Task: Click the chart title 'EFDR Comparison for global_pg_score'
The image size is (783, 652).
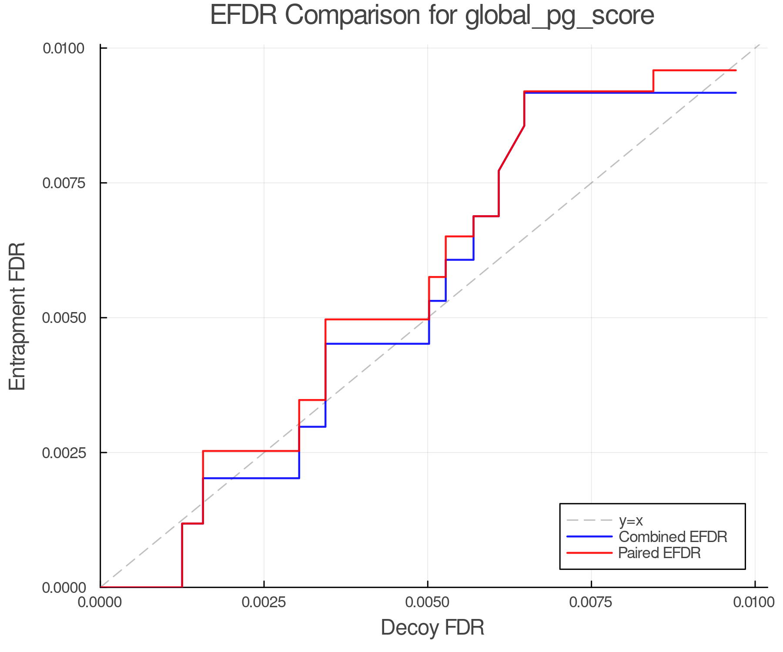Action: [432, 16]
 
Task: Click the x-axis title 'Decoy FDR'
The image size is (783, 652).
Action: [432, 628]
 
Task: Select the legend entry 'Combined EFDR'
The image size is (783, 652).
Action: [673, 537]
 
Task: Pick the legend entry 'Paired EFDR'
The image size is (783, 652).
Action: [659, 553]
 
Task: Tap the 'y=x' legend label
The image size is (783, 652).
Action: [631, 520]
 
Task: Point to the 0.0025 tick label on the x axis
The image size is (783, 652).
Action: [264, 602]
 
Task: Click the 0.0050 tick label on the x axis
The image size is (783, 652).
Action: [428, 602]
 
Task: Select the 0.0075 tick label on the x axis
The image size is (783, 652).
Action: [591, 602]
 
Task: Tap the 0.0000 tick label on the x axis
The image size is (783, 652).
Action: [100, 602]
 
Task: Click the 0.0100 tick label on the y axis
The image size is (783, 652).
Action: [64, 48]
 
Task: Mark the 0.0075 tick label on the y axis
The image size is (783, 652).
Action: [64, 183]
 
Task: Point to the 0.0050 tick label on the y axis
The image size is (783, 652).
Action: [64, 318]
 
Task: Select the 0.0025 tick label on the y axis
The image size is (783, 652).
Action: [64, 452]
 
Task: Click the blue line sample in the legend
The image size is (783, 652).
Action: [589, 537]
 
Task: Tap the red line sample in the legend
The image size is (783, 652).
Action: [589, 553]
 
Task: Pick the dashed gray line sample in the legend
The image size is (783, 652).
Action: [589, 520]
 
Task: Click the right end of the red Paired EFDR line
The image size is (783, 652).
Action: [736, 70]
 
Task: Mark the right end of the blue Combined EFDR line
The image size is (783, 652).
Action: [736, 93]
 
